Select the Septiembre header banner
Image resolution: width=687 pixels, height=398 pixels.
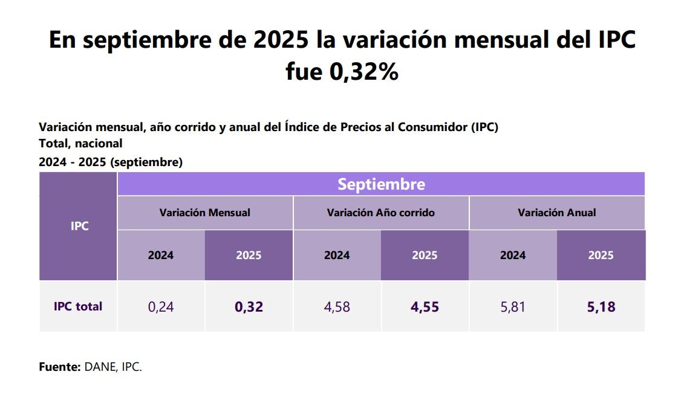coord(381,184)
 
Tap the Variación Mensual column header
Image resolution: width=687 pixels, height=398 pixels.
coord(204,213)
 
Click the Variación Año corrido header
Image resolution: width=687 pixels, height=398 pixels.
coord(380,213)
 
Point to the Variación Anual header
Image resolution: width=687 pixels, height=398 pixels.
coord(556,213)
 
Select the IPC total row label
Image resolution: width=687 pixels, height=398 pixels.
coord(78,306)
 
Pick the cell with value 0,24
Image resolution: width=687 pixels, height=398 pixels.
coord(161,307)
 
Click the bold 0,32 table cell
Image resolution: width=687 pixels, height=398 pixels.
coord(249,307)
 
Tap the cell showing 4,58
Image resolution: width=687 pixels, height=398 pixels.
coord(337,307)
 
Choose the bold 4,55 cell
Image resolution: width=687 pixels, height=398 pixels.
coord(425,307)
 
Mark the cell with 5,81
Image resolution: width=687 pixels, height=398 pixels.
coord(513,307)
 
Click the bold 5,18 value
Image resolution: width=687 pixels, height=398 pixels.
coord(601,307)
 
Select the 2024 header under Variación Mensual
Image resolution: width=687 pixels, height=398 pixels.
coord(161,255)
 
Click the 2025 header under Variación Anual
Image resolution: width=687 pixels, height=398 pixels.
coord(601,255)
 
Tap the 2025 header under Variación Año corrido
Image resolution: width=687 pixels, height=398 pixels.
coord(425,255)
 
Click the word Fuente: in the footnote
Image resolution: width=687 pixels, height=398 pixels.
coord(59,367)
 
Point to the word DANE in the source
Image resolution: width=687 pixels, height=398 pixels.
coord(100,367)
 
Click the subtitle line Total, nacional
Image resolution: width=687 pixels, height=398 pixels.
coord(80,144)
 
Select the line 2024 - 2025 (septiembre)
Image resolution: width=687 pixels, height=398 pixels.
coord(111,162)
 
